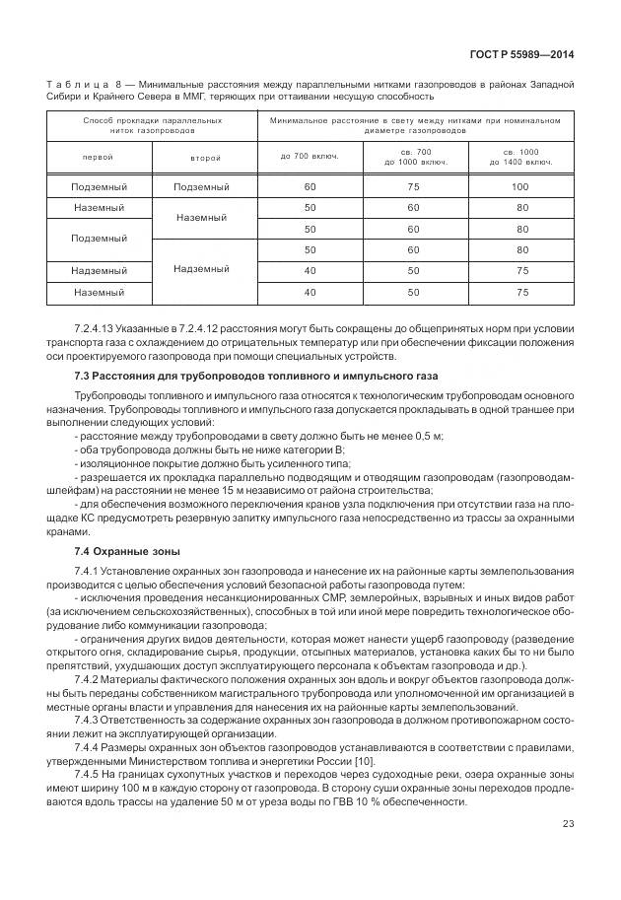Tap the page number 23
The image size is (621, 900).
point(568,851)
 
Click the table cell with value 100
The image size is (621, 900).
point(520,186)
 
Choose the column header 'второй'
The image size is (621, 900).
point(204,157)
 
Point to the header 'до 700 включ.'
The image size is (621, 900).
point(310,157)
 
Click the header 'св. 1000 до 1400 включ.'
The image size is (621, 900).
point(520,157)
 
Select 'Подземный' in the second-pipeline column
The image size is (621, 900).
point(201,186)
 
